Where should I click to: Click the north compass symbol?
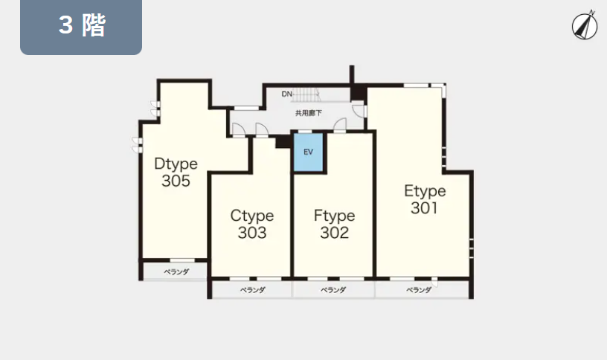(x=585, y=25)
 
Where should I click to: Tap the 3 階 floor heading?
(x=82, y=25)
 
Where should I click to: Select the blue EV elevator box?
(x=308, y=152)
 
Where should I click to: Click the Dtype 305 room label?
(x=176, y=173)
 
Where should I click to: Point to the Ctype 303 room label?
(x=252, y=224)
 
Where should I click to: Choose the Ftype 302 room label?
(x=335, y=224)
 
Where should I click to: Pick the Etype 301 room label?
(x=425, y=199)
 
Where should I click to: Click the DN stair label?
(x=287, y=94)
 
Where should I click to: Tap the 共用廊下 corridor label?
(x=309, y=113)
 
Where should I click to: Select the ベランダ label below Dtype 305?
(x=176, y=271)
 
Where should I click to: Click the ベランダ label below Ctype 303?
(x=252, y=289)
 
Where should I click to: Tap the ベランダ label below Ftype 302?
(x=333, y=289)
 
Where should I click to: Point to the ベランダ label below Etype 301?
(x=419, y=289)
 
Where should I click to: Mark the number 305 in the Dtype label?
(x=176, y=181)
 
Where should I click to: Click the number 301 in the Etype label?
(x=424, y=208)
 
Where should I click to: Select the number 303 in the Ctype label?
(x=252, y=233)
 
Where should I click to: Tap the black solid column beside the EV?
(x=283, y=141)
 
